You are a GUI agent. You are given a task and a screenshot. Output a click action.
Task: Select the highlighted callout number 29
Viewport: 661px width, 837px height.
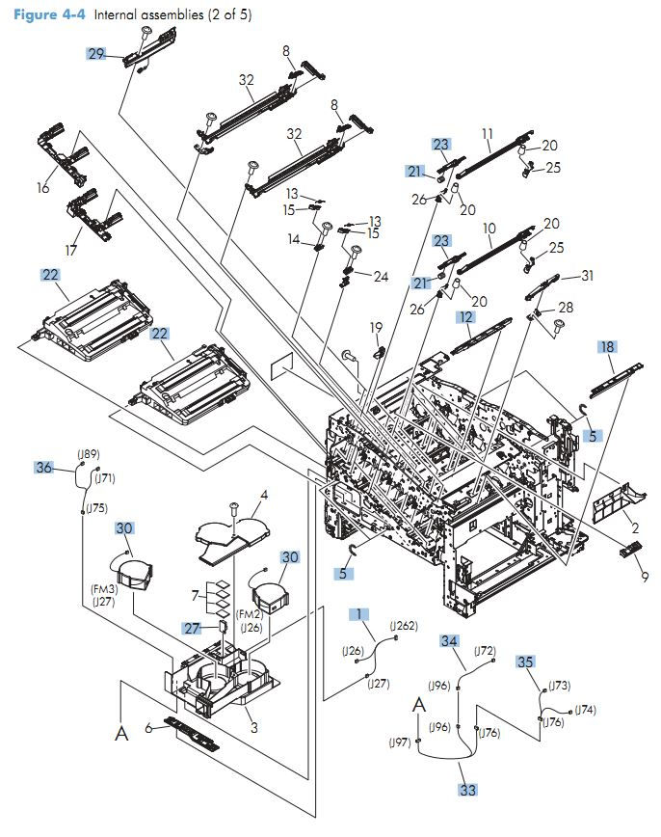(x=96, y=54)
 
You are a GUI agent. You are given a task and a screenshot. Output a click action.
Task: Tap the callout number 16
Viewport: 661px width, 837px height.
(x=42, y=188)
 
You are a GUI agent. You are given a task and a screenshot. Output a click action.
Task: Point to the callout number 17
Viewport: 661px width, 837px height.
(x=71, y=250)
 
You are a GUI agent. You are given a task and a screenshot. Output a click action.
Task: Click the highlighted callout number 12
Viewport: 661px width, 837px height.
(x=465, y=316)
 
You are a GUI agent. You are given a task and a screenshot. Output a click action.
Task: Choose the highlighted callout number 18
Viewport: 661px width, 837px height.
(x=607, y=346)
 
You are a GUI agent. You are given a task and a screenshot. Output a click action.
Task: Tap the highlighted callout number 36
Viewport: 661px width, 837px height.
(x=43, y=468)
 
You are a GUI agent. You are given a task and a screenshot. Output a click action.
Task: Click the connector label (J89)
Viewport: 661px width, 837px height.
(x=88, y=454)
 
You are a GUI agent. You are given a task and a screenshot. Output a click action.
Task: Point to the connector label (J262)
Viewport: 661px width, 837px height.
(x=404, y=626)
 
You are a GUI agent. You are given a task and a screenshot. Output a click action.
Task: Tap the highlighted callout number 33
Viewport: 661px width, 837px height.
(x=467, y=790)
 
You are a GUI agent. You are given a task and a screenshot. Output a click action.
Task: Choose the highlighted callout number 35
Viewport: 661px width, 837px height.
(x=525, y=661)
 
